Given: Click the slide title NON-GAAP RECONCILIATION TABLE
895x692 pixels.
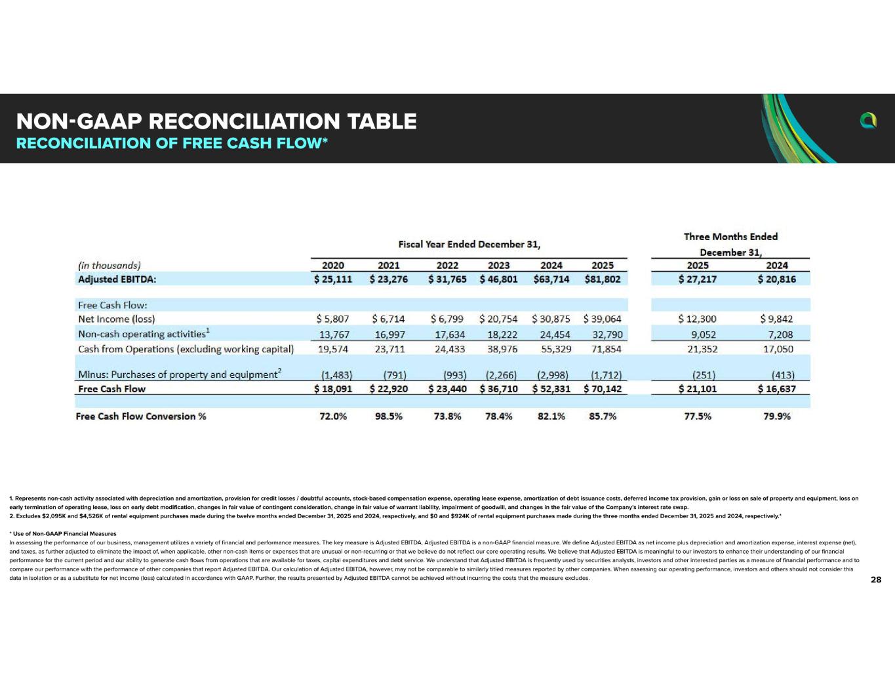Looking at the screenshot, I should pos(216,121).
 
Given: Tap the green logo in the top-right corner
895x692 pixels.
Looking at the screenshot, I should pos(868,120).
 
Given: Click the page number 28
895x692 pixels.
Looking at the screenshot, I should pos(876,580).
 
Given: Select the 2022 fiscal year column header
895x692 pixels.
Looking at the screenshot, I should pos(447,265).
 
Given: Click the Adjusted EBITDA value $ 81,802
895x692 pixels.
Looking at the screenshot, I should pos(603,279).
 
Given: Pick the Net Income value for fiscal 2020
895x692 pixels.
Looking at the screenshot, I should pos(332,319).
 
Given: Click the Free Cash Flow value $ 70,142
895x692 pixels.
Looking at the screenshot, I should pos(603,388).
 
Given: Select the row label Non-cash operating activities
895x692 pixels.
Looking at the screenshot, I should pos(142,334).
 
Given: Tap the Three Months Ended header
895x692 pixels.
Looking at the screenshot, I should pos(730,237).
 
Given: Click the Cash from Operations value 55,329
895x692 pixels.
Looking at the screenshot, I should pos(556,349).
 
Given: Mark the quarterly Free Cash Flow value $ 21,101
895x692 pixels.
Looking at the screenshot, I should pos(698,388).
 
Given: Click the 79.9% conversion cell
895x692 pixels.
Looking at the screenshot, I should pos(777,416).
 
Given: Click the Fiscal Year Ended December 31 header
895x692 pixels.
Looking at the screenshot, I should pos(469,244).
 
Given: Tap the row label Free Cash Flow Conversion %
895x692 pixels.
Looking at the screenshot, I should pos(141,416).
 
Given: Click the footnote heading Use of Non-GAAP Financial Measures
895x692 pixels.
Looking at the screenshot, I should pos(64,534).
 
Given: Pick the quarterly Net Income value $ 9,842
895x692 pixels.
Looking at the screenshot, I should pos(776,319).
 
